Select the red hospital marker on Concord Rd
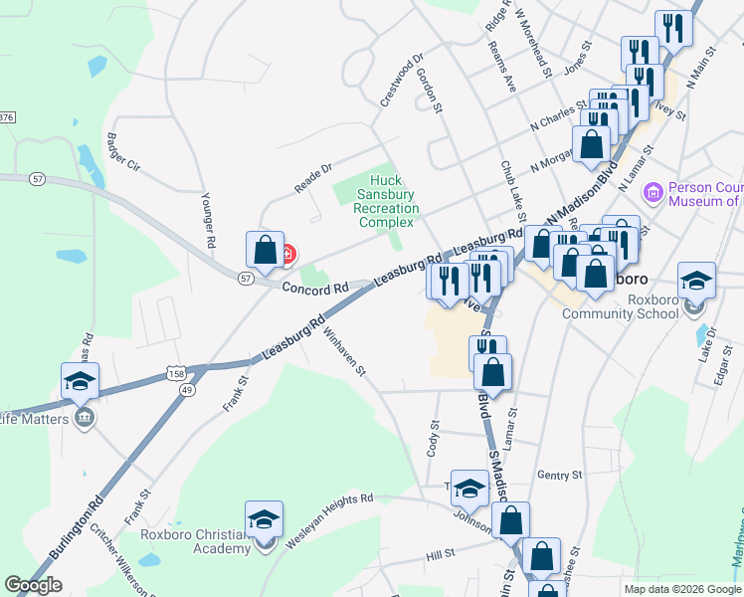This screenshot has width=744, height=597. [x=287, y=255]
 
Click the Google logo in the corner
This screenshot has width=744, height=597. [x=33, y=585]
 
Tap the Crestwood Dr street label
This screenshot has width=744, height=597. [x=402, y=81]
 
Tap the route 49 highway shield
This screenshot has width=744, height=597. [x=186, y=391]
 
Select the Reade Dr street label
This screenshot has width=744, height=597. [x=311, y=178]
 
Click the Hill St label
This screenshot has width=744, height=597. [x=440, y=552]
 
